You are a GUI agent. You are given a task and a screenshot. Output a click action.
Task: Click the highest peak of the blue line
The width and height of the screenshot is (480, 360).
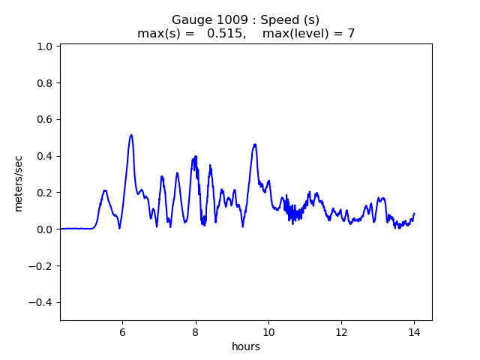[131, 135]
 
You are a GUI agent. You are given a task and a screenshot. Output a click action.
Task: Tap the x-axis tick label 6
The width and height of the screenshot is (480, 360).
[122, 332]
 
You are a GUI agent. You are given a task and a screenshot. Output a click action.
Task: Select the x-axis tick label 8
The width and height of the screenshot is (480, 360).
[195, 332]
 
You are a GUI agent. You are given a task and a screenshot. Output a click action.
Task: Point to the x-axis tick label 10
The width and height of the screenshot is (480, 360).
[268, 332]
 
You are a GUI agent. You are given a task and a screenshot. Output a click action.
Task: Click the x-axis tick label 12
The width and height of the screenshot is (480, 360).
[341, 332]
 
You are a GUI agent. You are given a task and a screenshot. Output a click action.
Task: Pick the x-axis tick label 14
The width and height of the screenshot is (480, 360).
[414, 332]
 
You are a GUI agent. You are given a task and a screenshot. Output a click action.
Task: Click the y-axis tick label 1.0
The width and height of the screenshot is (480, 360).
[44, 46]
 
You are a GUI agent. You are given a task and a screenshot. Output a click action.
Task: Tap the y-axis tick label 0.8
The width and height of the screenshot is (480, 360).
[44, 83]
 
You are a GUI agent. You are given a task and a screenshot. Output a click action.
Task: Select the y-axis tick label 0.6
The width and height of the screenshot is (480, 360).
[44, 119]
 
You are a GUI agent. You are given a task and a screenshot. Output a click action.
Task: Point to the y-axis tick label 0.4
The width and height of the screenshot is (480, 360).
[44, 156]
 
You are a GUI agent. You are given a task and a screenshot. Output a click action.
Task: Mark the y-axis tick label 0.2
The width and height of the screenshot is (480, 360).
[44, 193]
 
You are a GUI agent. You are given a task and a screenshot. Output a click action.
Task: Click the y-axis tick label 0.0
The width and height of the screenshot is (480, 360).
[44, 229]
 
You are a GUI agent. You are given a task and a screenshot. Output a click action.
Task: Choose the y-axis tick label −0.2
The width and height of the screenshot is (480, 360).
[40, 265]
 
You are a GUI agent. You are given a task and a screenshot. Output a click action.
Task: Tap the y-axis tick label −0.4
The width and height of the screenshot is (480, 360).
[40, 302]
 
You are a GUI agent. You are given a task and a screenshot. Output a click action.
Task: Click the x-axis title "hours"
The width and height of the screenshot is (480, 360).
[246, 346]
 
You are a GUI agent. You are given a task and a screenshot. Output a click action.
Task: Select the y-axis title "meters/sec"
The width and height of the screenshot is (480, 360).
[19, 183]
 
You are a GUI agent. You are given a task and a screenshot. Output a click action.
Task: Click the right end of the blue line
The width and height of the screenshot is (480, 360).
[414, 214]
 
